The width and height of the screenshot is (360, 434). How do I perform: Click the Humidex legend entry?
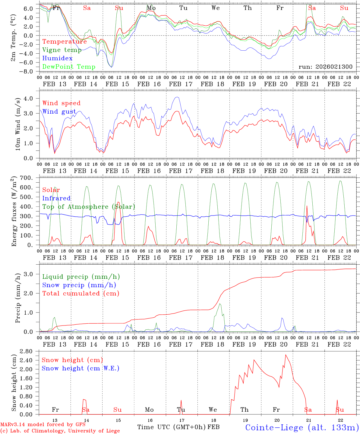(x=57, y=58)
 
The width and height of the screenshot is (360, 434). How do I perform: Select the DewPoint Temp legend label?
(x=69, y=67)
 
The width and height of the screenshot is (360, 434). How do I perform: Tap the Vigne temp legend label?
(x=62, y=50)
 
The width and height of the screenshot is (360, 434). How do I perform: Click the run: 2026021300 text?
(x=325, y=67)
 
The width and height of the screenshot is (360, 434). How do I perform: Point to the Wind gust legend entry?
(x=59, y=112)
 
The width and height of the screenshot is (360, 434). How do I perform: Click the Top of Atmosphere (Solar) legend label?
(x=89, y=207)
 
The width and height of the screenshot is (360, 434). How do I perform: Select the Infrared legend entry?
(x=56, y=198)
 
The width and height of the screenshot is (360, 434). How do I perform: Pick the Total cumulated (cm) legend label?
(x=81, y=293)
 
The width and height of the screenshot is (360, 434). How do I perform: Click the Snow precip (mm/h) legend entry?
(x=79, y=285)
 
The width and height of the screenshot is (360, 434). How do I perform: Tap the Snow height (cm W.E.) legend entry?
(x=80, y=368)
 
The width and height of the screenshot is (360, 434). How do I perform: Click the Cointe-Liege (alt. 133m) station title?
(x=302, y=427)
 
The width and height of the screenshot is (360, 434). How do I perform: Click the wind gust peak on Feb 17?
(x=177, y=97)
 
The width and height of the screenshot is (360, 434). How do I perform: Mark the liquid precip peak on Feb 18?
(x=220, y=304)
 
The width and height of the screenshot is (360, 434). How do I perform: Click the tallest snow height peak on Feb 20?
(x=286, y=355)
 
